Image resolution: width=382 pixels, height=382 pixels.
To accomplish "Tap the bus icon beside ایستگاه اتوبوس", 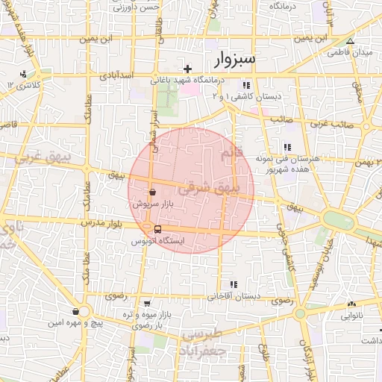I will click(x=157, y=229).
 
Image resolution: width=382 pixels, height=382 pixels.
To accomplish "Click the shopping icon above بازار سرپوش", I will click(x=152, y=192).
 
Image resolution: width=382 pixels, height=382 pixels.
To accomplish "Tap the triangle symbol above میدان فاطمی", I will click(x=351, y=41).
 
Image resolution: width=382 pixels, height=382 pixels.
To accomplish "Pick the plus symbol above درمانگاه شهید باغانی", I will click(x=187, y=69).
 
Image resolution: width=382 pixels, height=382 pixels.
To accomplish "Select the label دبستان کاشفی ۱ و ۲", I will click(x=245, y=96).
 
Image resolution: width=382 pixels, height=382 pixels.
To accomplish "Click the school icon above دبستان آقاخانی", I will click(x=234, y=284).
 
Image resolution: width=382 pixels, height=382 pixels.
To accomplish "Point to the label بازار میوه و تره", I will click(x=148, y=315).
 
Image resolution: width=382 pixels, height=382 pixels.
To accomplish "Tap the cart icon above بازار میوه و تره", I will click(x=148, y=304).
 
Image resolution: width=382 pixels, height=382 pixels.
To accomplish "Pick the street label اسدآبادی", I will click(x=116, y=76).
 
